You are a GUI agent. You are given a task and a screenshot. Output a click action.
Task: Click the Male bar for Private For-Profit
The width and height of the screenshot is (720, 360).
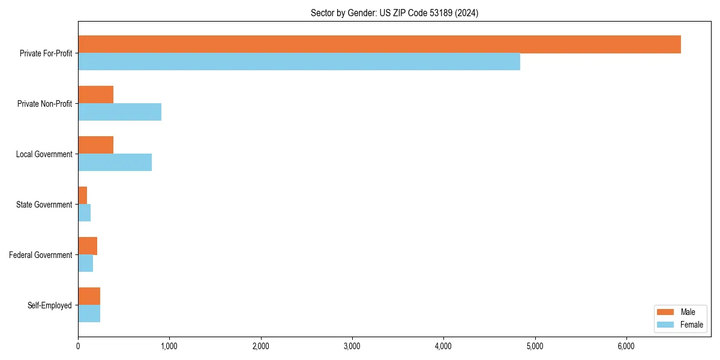pyautogui.click(x=379, y=44)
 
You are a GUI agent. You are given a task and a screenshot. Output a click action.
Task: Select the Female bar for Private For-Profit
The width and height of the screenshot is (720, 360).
pyautogui.click(x=299, y=62)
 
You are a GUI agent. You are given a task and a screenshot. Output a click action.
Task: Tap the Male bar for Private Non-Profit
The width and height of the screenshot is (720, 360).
pyautogui.click(x=96, y=95)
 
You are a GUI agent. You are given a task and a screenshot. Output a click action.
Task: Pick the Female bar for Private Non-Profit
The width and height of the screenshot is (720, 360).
pyautogui.click(x=119, y=112)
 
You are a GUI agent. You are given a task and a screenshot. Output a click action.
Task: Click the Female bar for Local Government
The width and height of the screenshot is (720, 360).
pyautogui.click(x=115, y=163)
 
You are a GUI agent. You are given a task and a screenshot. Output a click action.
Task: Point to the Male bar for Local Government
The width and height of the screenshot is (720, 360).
pyautogui.click(x=96, y=145)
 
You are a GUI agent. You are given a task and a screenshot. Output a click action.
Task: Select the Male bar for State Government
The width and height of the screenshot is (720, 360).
pyautogui.click(x=83, y=196)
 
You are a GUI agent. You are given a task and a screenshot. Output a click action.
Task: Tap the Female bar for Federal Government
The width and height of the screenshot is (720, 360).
pyautogui.click(x=86, y=263)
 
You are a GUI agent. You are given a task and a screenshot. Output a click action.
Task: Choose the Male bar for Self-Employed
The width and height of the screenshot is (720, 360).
pyautogui.click(x=89, y=296)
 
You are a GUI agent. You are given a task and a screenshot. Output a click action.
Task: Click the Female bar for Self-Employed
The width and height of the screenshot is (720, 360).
pyautogui.click(x=89, y=314)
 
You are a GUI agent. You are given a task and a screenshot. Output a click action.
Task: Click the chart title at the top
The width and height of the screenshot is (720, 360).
pyautogui.click(x=394, y=13)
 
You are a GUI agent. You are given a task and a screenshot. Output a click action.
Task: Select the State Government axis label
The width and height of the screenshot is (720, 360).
pyautogui.click(x=44, y=205)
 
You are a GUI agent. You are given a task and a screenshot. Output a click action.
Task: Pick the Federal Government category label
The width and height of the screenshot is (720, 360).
pyautogui.click(x=41, y=255)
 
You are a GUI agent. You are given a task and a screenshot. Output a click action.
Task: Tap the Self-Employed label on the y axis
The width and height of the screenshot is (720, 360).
pyautogui.click(x=50, y=305)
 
